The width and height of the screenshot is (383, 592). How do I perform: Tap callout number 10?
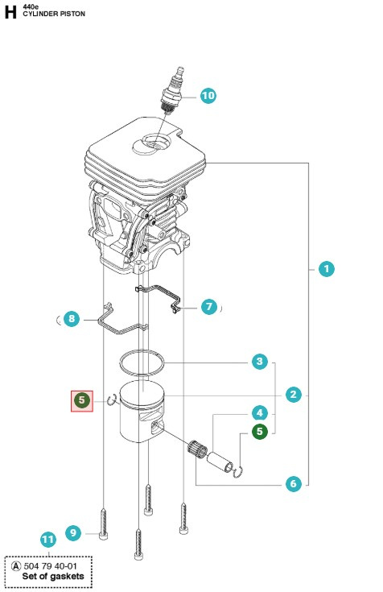pyautogui.click(x=208, y=96)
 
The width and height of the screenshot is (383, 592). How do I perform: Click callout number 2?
pyautogui.click(x=294, y=394)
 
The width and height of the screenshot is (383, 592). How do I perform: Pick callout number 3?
pyautogui.click(x=259, y=362)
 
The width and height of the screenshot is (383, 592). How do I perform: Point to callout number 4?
pyautogui.click(x=259, y=412)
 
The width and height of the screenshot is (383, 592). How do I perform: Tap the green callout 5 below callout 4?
pyautogui.click(x=259, y=432)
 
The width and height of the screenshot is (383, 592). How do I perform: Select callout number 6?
pyautogui.click(x=294, y=483)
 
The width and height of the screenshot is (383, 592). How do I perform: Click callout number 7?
pyautogui.click(x=208, y=307)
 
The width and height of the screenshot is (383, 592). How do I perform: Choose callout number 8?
pyautogui.click(x=71, y=319)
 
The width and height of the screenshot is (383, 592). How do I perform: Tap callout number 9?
pyautogui.click(x=72, y=532)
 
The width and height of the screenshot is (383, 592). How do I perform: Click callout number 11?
pyautogui.click(x=48, y=540)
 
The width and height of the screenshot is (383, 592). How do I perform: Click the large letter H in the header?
pyautogui.click(x=10, y=10)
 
